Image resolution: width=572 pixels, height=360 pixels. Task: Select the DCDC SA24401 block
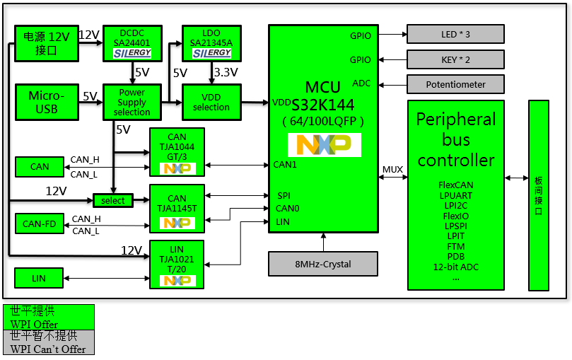[132, 43]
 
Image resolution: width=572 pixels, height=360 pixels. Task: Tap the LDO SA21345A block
[211, 43]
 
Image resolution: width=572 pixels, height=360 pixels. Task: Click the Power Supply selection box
[132, 102]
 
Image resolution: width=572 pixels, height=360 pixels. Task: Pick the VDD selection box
[211, 102]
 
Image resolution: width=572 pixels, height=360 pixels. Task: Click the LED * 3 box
[455, 34]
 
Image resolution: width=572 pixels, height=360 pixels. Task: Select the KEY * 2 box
[455, 59]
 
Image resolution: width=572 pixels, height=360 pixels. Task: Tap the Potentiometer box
[455, 84]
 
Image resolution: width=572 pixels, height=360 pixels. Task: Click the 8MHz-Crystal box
[322, 264]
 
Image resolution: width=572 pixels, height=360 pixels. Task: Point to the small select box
[113, 200]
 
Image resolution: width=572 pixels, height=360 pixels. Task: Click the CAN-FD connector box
[39, 223]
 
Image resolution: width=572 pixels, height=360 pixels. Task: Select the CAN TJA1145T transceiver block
[177, 209]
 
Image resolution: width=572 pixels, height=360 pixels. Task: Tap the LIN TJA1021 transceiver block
[177, 265]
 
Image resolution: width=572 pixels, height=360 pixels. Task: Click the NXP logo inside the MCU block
[324, 144]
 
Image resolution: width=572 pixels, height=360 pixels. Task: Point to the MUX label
[392, 170]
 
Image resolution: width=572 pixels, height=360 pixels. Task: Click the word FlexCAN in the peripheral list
[455, 185]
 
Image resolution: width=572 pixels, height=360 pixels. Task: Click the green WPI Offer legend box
[49, 317]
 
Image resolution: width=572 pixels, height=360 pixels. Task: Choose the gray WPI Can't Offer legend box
[49, 342]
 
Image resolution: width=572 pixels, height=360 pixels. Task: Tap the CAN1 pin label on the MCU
[285, 165]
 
